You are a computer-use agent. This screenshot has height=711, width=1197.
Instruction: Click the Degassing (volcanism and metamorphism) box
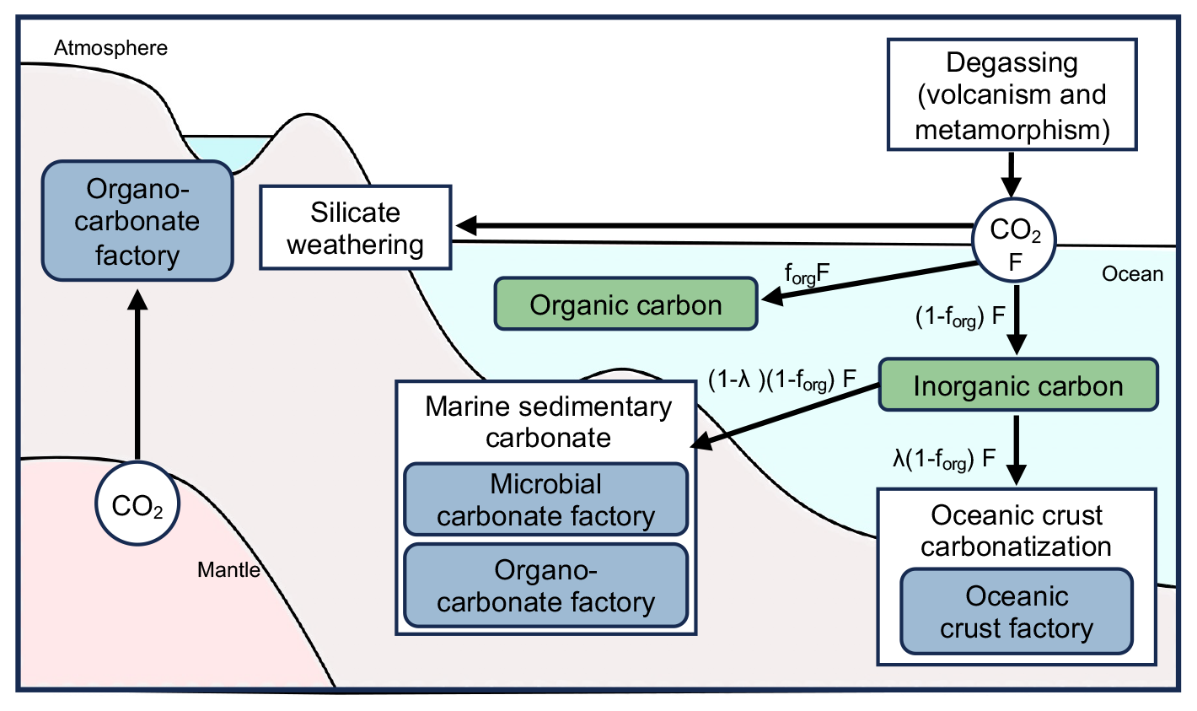[1012, 94]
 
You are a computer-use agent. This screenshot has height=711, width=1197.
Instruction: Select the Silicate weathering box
[355, 228]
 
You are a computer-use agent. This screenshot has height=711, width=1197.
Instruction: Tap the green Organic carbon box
[625, 304]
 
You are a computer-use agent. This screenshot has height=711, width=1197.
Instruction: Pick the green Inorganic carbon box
[1017, 385]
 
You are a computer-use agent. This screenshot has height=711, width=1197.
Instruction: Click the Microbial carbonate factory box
[545, 499]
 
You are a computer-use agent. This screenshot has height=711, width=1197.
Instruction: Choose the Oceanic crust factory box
[1016, 611]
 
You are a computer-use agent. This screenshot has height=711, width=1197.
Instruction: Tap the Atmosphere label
[110, 48]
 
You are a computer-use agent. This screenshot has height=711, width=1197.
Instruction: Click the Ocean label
[1132, 274]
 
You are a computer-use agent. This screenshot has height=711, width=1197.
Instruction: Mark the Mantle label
[228, 570]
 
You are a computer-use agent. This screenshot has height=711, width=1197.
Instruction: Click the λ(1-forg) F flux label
[944, 460]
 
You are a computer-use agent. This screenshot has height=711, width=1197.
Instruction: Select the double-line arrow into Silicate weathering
[712, 226]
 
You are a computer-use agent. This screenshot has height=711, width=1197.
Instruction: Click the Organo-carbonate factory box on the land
[137, 221]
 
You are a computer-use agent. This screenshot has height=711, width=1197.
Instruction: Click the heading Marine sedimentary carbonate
[548, 422]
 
